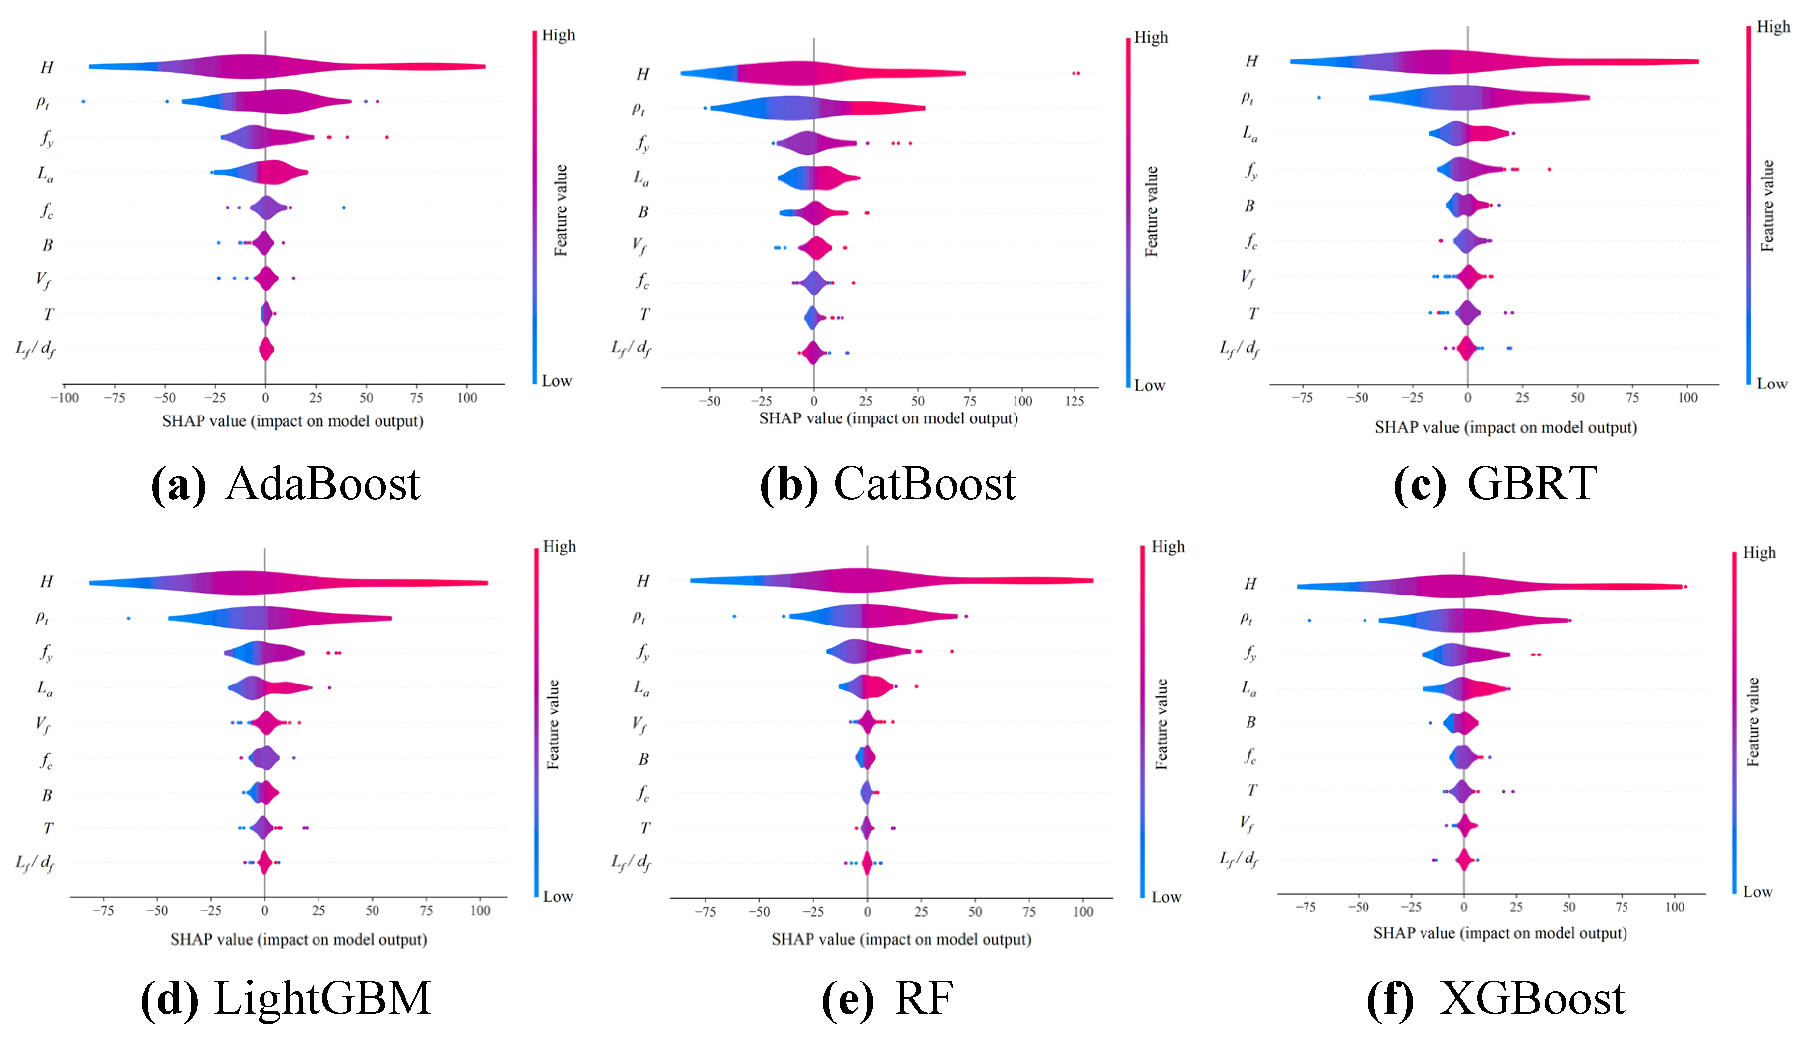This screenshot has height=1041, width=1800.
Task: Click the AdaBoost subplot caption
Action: pyautogui.click(x=286, y=484)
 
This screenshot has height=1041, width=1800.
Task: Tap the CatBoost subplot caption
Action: pyautogui.click(x=888, y=484)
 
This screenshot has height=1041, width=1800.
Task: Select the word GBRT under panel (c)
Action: pyautogui.click(x=1532, y=484)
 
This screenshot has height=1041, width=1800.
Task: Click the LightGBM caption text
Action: pyautogui.click(x=286, y=998)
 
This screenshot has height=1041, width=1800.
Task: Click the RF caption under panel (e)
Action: pyautogui.click(x=888, y=998)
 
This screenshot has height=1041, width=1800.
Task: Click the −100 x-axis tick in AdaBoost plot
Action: pyautogui.click(x=63, y=398)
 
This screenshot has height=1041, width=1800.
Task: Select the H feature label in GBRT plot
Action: pyautogui.click(x=1251, y=61)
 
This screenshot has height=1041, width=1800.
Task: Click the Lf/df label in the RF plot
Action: pyautogui.click(x=632, y=863)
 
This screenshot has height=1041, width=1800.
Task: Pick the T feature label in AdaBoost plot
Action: pyautogui.click(x=48, y=314)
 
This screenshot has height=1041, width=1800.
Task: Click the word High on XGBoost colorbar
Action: pyautogui.click(x=1759, y=553)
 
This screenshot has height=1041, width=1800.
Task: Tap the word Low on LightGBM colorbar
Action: pyautogui.click(x=557, y=896)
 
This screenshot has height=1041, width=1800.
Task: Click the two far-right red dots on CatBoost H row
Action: pyautogui.click(x=1075, y=73)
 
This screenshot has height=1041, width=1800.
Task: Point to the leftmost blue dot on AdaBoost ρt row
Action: pyautogui.click(x=83, y=101)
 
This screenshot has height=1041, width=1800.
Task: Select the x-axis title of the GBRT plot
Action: pyautogui.click(x=1506, y=427)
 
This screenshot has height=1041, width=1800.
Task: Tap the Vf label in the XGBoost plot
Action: pyautogui.click(x=1247, y=825)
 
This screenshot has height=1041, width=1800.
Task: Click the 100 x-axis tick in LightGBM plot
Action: pyautogui.click(x=480, y=911)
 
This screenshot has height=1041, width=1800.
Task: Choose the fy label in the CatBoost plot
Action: pyautogui.click(x=642, y=144)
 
